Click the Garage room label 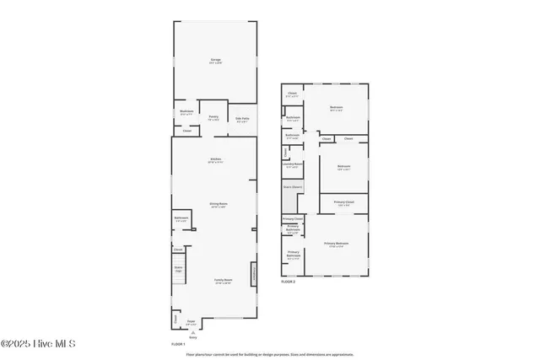click(215, 60)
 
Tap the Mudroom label click(186, 111)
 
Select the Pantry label click(214, 117)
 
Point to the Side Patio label click(241, 119)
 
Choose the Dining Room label click(219, 204)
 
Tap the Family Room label click(223, 281)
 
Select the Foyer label click(191, 321)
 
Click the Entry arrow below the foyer click(192, 335)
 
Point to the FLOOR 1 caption click(178, 344)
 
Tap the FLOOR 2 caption click(289, 282)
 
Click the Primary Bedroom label click(336, 244)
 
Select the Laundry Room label click(293, 164)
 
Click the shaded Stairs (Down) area click(291, 199)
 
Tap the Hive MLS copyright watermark click(38, 343)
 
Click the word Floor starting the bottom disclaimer click(190, 354)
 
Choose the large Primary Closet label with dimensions click(343, 203)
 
